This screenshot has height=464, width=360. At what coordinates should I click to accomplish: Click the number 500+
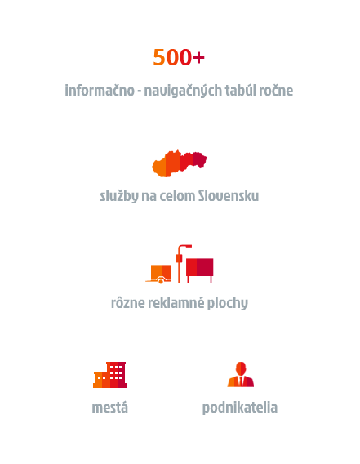pyautogui.click(x=179, y=57)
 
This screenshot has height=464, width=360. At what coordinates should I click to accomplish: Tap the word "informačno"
pyautogui.click(x=100, y=90)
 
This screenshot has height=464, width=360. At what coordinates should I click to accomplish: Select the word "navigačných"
pyautogui.click(x=183, y=91)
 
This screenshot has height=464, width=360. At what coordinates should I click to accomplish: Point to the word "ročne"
pyautogui.click(x=276, y=91)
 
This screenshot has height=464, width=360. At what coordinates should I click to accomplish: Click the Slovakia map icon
pyautogui.click(x=180, y=163)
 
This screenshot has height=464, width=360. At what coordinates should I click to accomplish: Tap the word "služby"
pyautogui.click(x=119, y=196)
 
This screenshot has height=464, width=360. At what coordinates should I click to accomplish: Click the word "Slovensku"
pyautogui.click(x=229, y=195)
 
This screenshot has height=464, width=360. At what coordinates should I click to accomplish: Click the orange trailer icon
pyautogui.click(x=159, y=274)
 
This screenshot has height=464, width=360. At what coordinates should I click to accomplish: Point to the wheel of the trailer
pyautogui.click(x=161, y=281)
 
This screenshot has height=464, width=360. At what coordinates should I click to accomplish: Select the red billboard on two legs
pyautogui.click(x=199, y=270)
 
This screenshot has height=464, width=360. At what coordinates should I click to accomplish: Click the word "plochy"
pyautogui.click(x=228, y=303)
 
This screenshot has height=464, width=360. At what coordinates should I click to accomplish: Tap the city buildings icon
pyautogui.click(x=109, y=375)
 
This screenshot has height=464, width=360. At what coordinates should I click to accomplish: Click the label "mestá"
pyautogui.click(x=109, y=407)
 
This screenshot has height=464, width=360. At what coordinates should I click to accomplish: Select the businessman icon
pyautogui.click(x=241, y=374)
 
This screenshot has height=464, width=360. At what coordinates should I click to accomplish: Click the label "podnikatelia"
pyautogui.click(x=240, y=408)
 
